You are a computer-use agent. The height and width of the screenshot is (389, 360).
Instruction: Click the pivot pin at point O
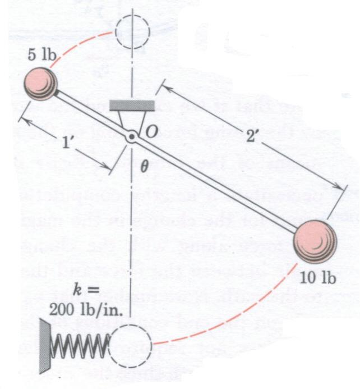[131, 136]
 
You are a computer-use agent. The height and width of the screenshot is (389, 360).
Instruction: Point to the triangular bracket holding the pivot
[131, 120]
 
